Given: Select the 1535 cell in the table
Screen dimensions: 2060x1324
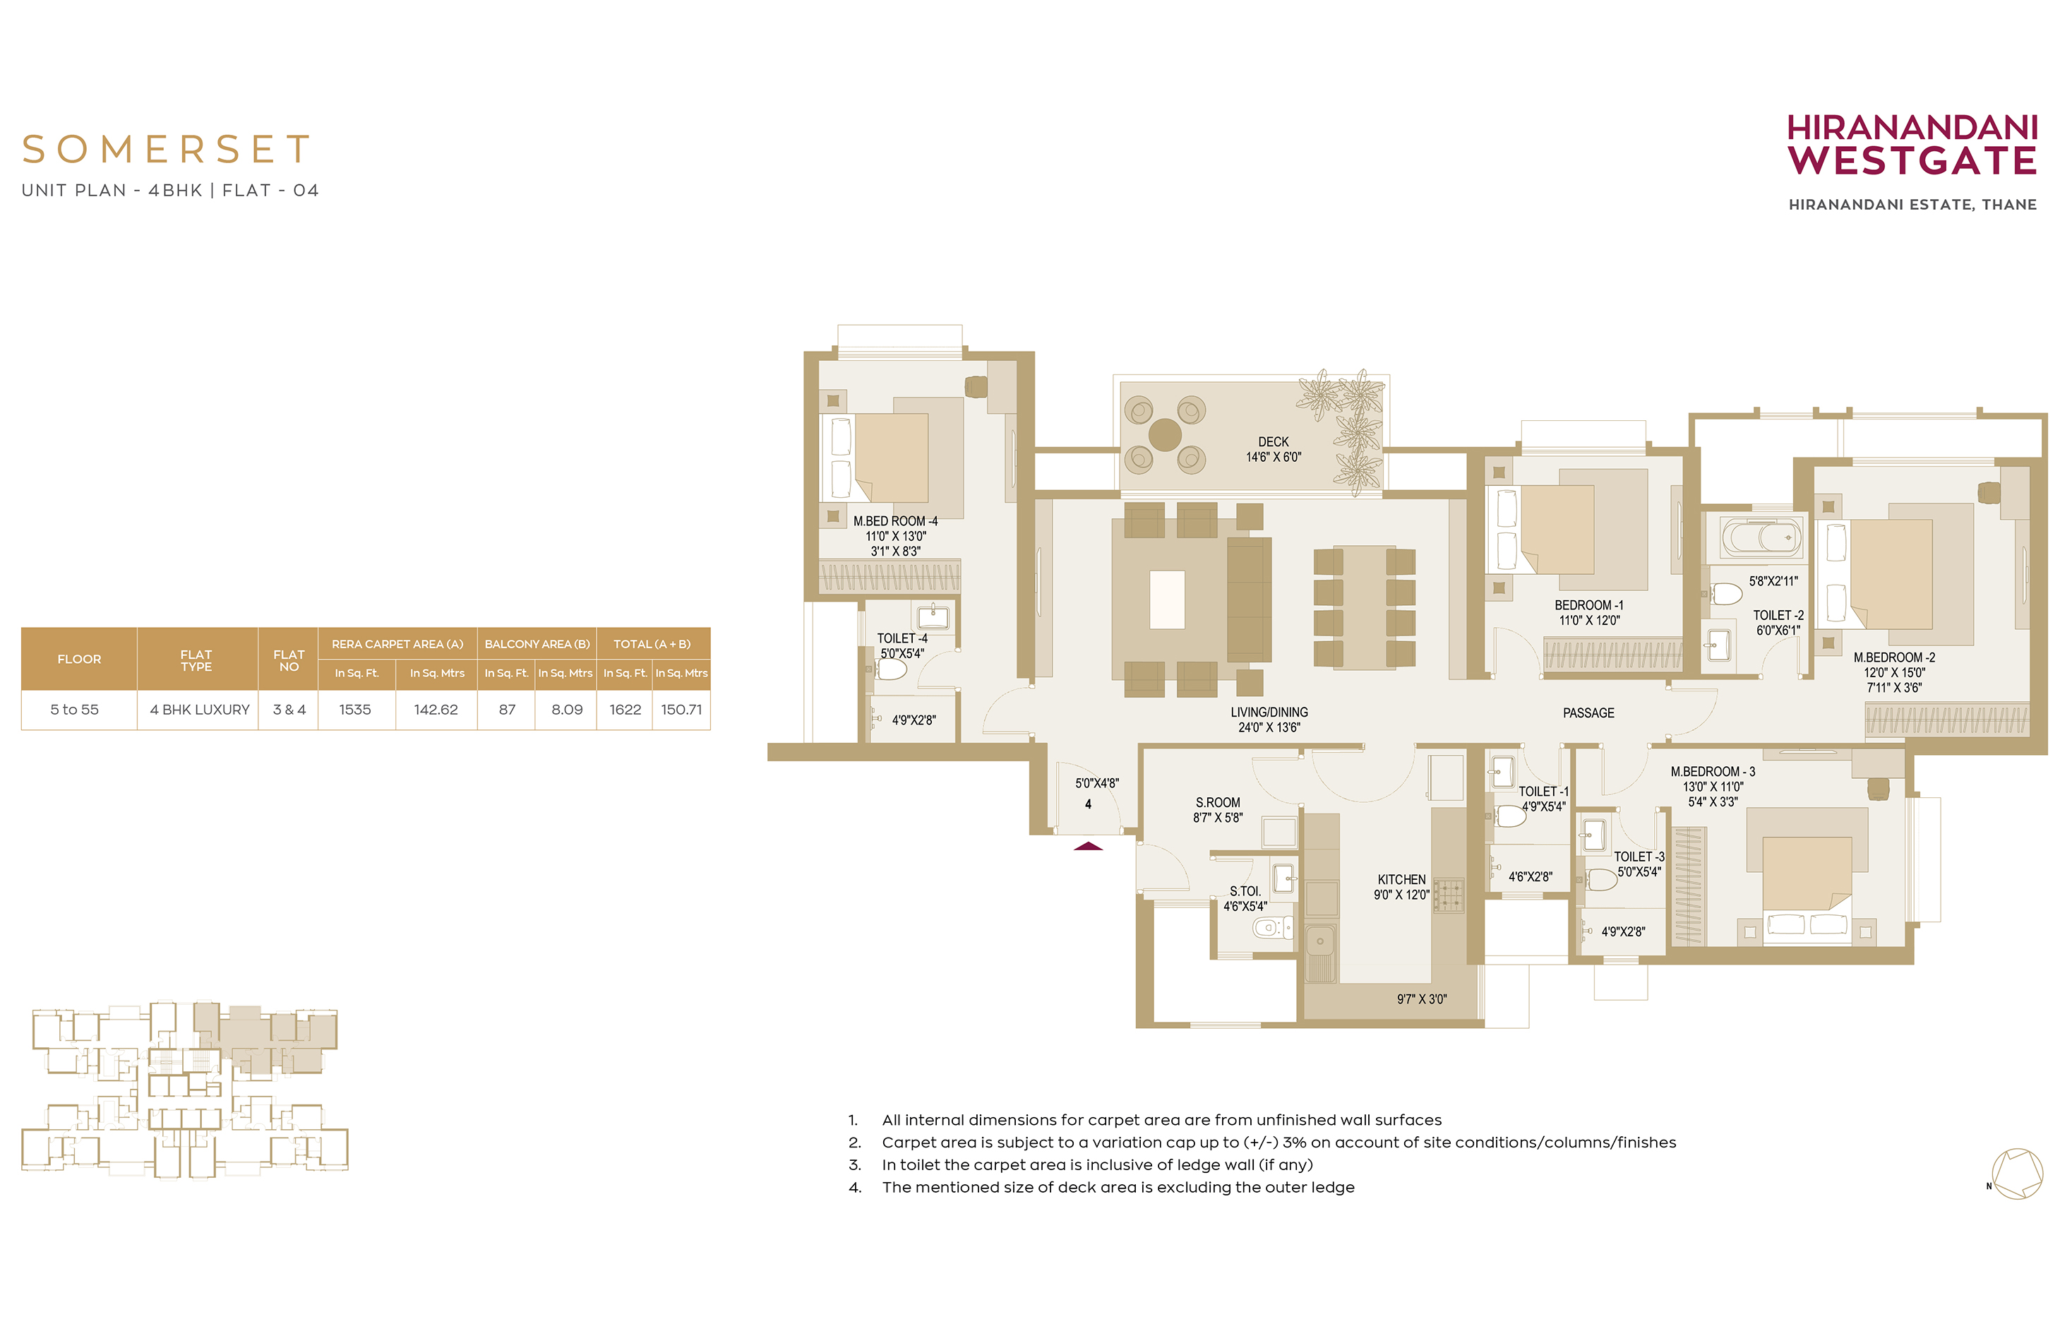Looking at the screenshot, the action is tap(355, 709).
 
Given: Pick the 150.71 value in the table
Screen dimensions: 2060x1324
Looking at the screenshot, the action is tap(681, 709).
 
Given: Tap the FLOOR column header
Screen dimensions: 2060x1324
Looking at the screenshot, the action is tap(79, 660).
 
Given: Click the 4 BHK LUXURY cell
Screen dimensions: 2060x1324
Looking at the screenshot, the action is tap(199, 709).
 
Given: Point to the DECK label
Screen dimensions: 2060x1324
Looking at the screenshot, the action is tap(1274, 442).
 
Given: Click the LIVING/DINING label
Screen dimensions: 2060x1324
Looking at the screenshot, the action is tap(1269, 712).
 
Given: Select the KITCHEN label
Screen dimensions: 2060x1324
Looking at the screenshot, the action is tap(1402, 880).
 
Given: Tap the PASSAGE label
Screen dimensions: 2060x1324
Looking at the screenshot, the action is tap(1588, 712).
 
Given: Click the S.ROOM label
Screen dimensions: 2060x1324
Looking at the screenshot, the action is tap(1218, 802).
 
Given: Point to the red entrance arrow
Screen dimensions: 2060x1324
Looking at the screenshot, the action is tap(1088, 846).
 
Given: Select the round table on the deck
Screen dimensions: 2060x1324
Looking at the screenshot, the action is tap(1165, 435).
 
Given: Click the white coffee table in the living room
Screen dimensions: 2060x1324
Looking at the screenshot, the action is tap(1167, 600).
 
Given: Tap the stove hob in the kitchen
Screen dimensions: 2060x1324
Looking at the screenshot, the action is tap(1448, 895).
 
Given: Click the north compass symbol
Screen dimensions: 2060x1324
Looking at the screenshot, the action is tap(2016, 1174).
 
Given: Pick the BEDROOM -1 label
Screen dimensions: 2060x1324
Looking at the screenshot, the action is tap(1589, 605).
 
